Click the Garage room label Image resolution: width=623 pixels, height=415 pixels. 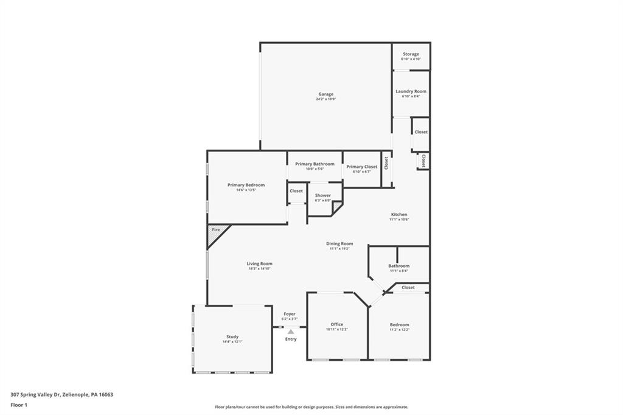[x=325, y=94]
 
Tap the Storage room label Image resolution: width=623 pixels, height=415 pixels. [x=411, y=54]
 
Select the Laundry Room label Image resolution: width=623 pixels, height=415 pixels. [x=411, y=91]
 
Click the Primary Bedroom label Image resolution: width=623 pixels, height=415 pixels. [x=246, y=185]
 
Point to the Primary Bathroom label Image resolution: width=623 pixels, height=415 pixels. [x=315, y=164]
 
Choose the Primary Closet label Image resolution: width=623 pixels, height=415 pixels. [x=362, y=167]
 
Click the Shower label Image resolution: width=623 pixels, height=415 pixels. [x=322, y=195]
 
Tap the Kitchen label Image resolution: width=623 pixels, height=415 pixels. [x=399, y=215]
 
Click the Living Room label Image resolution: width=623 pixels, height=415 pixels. [x=259, y=263]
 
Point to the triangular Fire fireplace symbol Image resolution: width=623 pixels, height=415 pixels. [x=215, y=231]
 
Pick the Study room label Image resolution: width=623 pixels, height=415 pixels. [x=232, y=337]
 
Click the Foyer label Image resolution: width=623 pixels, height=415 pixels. [x=289, y=314]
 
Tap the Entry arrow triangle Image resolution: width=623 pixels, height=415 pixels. [x=291, y=332]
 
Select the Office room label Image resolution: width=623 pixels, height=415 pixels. [x=336, y=324]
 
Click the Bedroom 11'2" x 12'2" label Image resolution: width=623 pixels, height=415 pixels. [x=399, y=324]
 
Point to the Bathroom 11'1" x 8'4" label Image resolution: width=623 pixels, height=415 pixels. [x=399, y=265]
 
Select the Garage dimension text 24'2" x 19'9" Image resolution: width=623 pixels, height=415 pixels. [x=325, y=99]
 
